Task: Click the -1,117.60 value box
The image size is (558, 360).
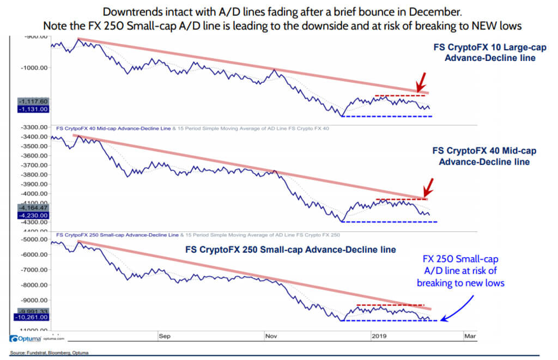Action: pos(34,101)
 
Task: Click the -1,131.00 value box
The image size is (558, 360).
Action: pos(34,109)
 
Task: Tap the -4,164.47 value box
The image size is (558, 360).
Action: pos(34,208)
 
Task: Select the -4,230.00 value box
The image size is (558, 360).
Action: pos(34,215)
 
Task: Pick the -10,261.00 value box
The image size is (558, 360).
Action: pos(34,317)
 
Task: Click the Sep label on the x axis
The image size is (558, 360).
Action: pos(165,337)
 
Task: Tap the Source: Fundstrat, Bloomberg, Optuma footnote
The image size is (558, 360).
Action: pos(48,353)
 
